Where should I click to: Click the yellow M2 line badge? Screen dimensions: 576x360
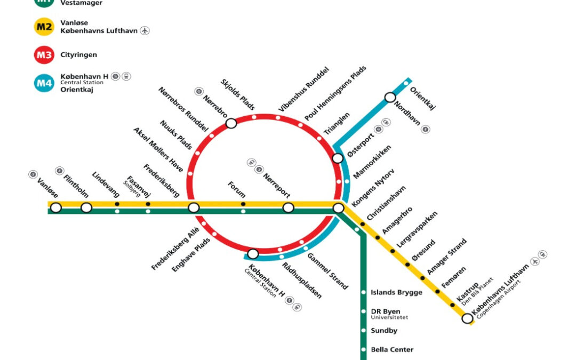click(44, 27)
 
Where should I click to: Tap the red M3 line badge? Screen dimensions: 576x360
click(44, 55)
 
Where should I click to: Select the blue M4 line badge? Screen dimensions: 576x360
click(44, 83)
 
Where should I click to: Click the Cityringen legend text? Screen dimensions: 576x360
click(79, 55)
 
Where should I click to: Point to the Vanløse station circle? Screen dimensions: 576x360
click(56, 207)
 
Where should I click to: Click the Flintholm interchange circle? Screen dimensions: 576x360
click(86, 207)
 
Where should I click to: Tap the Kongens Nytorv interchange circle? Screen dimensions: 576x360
click(338, 208)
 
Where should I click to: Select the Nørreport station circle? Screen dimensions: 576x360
click(288, 207)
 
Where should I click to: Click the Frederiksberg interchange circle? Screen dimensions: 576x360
click(194, 207)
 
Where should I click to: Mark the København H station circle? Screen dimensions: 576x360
click(253, 254)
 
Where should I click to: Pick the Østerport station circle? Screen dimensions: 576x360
click(338, 158)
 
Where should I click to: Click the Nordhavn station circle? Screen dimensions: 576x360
click(390, 98)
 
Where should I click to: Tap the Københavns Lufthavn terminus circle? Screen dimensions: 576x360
click(467, 318)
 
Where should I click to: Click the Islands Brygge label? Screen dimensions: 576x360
click(396, 292)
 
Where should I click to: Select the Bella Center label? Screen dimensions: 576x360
click(392, 350)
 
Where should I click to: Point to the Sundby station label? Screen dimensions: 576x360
click(384, 331)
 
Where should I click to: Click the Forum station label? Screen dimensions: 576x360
click(237, 189)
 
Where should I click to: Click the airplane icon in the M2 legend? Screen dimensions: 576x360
click(145, 30)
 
